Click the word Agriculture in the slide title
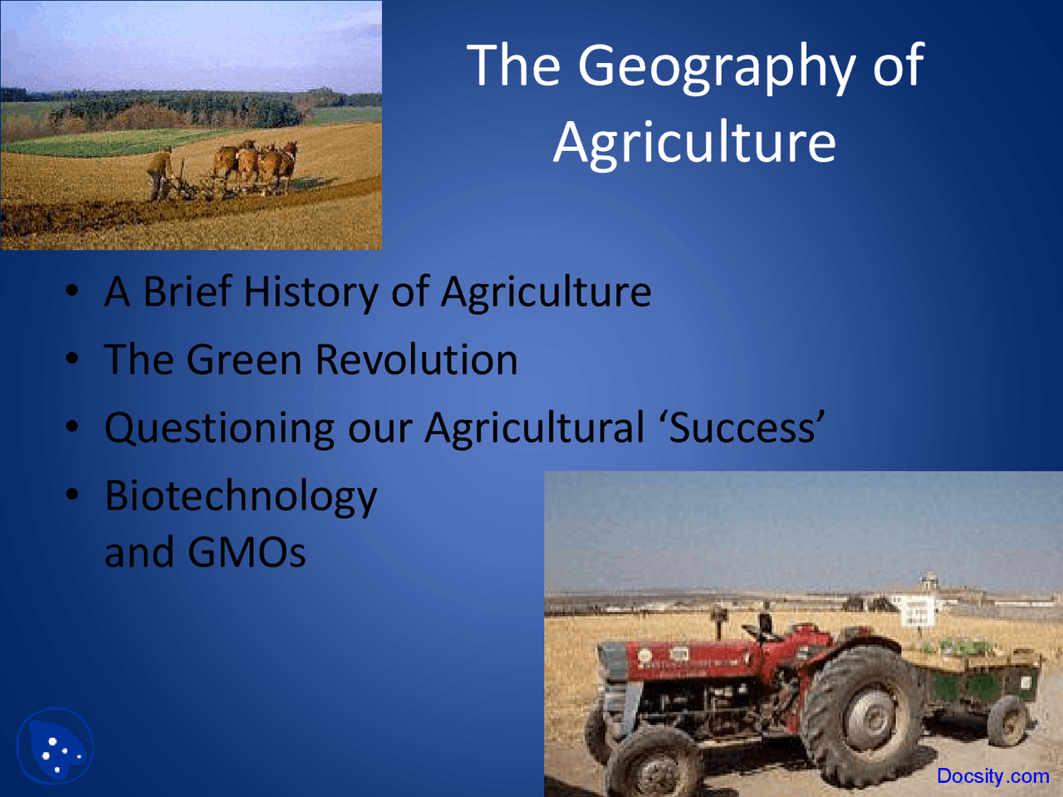pos(694,142)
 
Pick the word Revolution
pos(416,359)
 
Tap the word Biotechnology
pos(241,496)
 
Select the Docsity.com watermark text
pos(992,776)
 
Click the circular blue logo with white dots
pos(55,746)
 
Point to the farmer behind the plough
pos(158,173)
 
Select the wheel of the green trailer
pos(1007,721)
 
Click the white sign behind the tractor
pos(916,612)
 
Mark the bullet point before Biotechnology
pos(73,495)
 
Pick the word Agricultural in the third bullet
pos(534,428)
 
